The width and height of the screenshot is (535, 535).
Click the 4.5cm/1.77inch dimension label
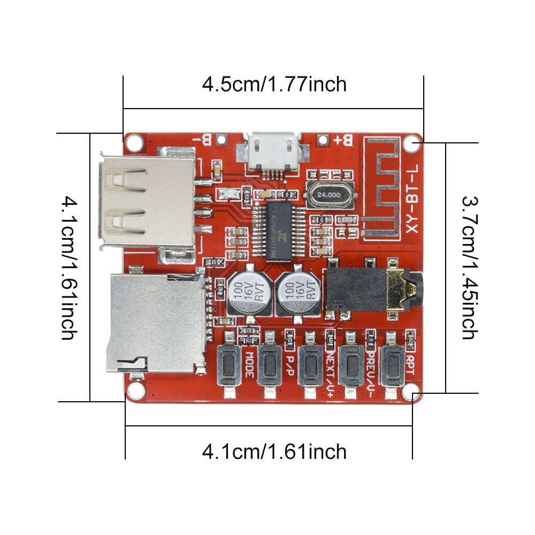274,84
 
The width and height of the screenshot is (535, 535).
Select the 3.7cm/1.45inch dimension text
469,267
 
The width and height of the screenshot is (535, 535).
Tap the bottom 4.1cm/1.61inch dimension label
274,452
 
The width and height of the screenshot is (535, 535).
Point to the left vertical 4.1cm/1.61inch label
68,267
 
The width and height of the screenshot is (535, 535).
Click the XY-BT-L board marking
411,198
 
